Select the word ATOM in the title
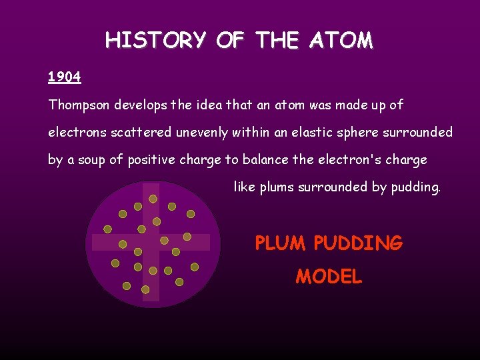tap(341, 41)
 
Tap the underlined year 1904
tap(65, 77)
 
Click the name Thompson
tap(79, 105)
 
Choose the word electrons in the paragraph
tap(75, 133)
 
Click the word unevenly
tap(202, 133)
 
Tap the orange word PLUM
tap(281, 243)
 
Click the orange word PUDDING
tap(358, 243)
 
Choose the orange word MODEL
tap(329, 276)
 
